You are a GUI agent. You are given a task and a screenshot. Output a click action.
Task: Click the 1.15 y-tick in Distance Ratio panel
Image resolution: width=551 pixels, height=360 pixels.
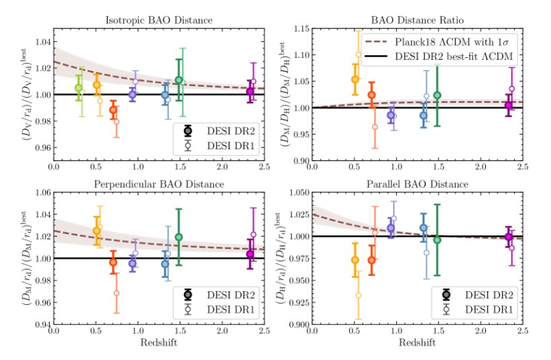point(297,29)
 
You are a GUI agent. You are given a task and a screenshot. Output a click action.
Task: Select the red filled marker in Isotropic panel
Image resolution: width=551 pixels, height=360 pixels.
point(114,110)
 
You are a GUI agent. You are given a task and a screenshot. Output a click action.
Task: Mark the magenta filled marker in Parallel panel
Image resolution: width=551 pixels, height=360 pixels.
point(509,237)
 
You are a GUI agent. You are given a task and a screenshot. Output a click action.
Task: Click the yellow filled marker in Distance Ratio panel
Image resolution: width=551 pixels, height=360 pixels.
point(355,79)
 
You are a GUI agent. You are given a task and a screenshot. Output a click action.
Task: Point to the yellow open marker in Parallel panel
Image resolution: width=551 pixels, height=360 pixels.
point(359,295)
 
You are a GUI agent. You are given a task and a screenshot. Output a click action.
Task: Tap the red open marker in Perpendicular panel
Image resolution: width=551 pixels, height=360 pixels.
point(116,293)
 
